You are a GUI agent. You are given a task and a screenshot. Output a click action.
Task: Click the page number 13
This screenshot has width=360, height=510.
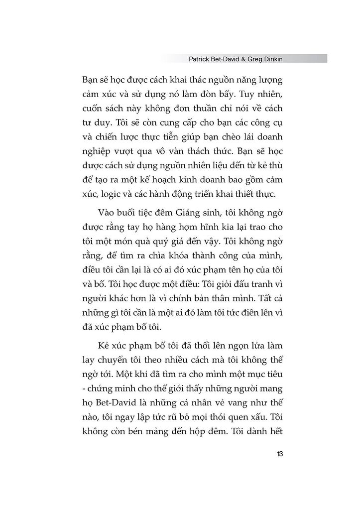pos(280,454)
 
